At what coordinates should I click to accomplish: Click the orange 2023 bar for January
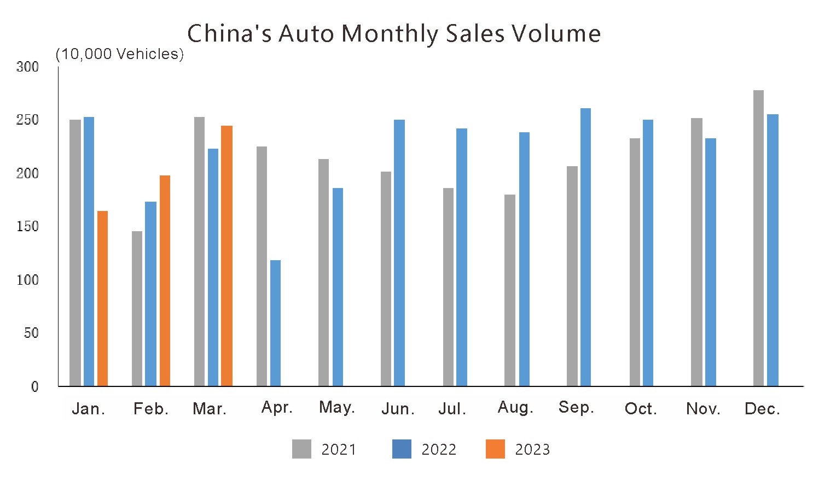pyautogui.click(x=102, y=298)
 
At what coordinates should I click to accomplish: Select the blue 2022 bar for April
pyautogui.click(x=275, y=323)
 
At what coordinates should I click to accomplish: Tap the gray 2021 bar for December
pyautogui.click(x=758, y=238)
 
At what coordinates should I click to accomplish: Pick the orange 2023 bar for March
pyautogui.click(x=227, y=256)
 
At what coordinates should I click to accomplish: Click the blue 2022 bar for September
pyautogui.click(x=585, y=247)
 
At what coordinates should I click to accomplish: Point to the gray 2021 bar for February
pyautogui.click(x=137, y=309)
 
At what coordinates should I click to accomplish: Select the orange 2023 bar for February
pyautogui.click(x=165, y=281)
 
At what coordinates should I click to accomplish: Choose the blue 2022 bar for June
pyautogui.click(x=399, y=253)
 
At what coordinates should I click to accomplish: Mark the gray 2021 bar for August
pyautogui.click(x=510, y=290)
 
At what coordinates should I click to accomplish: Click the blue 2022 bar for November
pyautogui.click(x=710, y=262)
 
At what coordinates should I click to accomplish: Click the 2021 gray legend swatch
pyautogui.click(x=301, y=449)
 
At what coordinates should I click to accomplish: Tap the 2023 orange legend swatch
pyautogui.click(x=495, y=449)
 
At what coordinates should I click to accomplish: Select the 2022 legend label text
pyautogui.click(x=439, y=449)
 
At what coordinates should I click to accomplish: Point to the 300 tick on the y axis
pyautogui.click(x=28, y=67)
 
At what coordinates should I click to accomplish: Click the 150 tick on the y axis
pyautogui.click(x=28, y=226)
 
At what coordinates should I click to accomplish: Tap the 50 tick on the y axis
pyautogui.click(x=31, y=333)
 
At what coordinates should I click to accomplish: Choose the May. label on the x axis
pyautogui.click(x=337, y=407)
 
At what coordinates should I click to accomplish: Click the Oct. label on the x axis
pyautogui.click(x=641, y=409)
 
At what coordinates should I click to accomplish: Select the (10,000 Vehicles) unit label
pyautogui.click(x=120, y=54)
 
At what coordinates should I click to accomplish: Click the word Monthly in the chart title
pyautogui.click(x=390, y=34)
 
